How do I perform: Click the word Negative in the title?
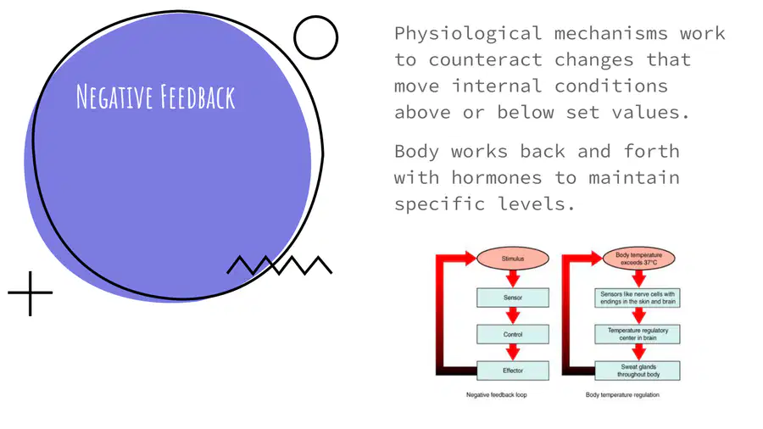pyautogui.click(x=114, y=97)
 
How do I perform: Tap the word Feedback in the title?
pyautogui.click(x=198, y=97)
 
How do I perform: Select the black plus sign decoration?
pyautogui.click(x=31, y=293)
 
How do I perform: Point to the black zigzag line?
pyautogui.click(x=279, y=265)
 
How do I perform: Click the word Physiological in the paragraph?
pyautogui.click(x=468, y=34)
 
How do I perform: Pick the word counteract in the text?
pyautogui.click(x=485, y=60)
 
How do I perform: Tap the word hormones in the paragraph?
pyautogui.click(x=496, y=177)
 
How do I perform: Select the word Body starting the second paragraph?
pyautogui.click(x=416, y=152)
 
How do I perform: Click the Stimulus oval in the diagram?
pyautogui.click(x=513, y=259)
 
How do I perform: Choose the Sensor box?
pyautogui.click(x=513, y=298)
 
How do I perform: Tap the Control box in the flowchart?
pyautogui.click(x=513, y=334)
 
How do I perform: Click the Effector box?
pyautogui.click(x=513, y=370)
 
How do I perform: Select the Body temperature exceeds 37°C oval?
pyautogui.click(x=639, y=259)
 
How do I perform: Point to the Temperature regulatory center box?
pyautogui.click(x=638, y=334)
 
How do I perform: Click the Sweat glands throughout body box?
pyautogui.click(x=638, y=370)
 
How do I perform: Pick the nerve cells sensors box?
pyautogui.click(x=638, y=298)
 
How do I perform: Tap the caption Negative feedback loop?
pyautogui.click(x=496, y=395)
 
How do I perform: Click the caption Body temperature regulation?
pyautogui.click(x=622, y=395)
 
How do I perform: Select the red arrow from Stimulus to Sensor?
pyautogui.click(x=513, y=279)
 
